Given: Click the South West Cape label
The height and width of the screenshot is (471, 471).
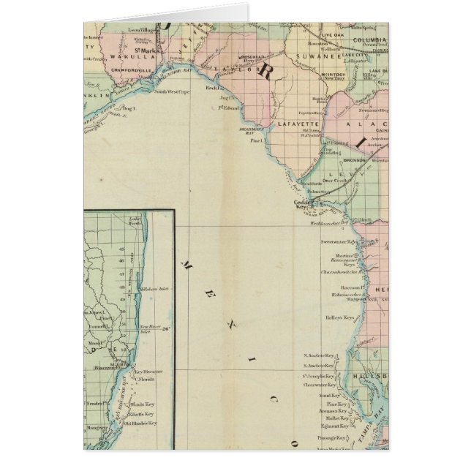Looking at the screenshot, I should pyautogui.click(x=173, y=91).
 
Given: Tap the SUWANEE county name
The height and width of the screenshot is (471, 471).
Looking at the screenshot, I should pyautogui.click(x=323, y=54).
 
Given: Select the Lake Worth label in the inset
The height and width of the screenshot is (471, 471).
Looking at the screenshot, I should pyautogui.click(x=134, y=222).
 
